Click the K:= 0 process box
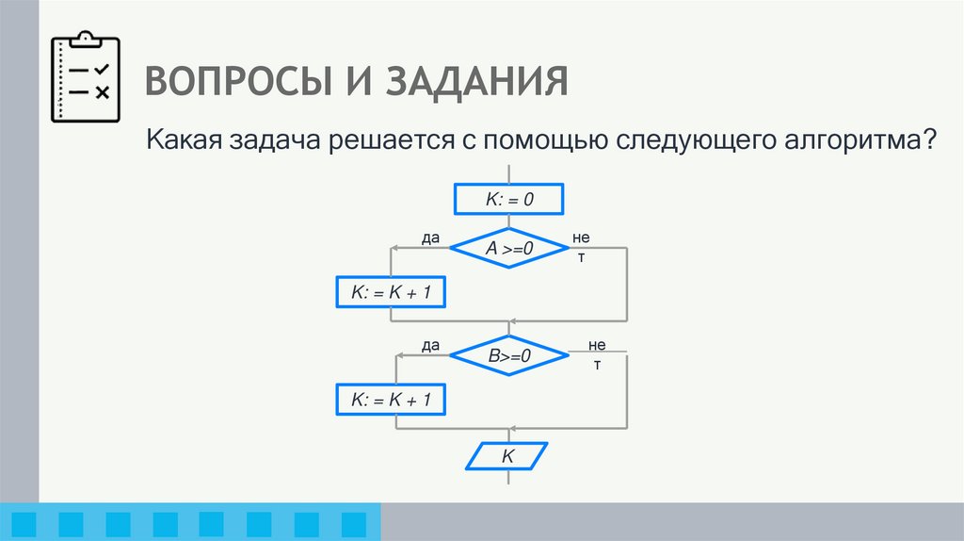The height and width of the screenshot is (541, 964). click(x=508, y=200)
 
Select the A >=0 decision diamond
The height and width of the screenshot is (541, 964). click(x=509, y=249)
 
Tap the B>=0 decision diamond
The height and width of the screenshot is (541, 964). click(x=509, y=356)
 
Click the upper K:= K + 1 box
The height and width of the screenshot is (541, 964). click(x=390, y=293)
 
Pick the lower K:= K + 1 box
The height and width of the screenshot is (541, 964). click(x=390, y=401)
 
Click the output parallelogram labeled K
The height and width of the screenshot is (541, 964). click(x=508, y=456)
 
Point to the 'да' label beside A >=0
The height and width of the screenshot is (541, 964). click(x=431, y=238)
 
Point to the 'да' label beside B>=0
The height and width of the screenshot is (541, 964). click(x=431, y=346)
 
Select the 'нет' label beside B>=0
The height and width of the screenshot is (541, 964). click(x=598, y=353)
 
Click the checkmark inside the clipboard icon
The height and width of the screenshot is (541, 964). click(x=103, y=70)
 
